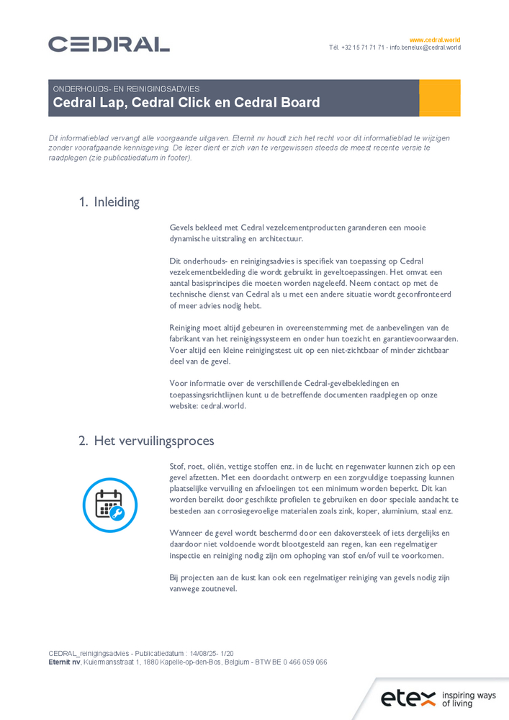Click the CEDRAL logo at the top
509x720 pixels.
[109, 44]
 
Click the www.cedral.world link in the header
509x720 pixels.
[435, 40]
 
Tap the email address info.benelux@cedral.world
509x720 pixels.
[425, 48]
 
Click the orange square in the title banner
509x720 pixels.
[439, 98]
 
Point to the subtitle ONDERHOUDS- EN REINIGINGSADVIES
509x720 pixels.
[126, 89]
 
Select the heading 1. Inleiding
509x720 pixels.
[109, 202]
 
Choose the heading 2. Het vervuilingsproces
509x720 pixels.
[146, 441]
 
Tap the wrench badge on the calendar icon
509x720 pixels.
[117, 513]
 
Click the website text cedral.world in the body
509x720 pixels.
[223, 406]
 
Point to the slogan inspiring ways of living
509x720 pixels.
[469, 699]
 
